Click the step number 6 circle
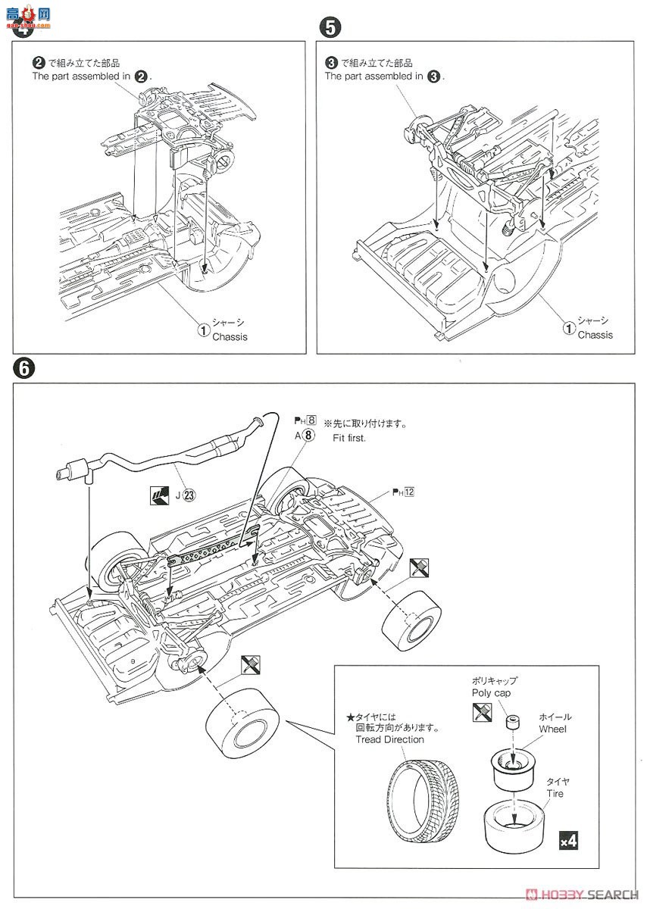(23, 369)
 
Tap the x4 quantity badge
(569, 840)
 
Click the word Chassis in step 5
(595, 334)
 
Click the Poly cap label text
(492, 693)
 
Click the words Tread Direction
(390, 739)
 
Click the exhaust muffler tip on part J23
(61, 473)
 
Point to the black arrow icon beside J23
(158, 495)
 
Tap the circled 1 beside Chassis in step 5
(567, 327)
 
